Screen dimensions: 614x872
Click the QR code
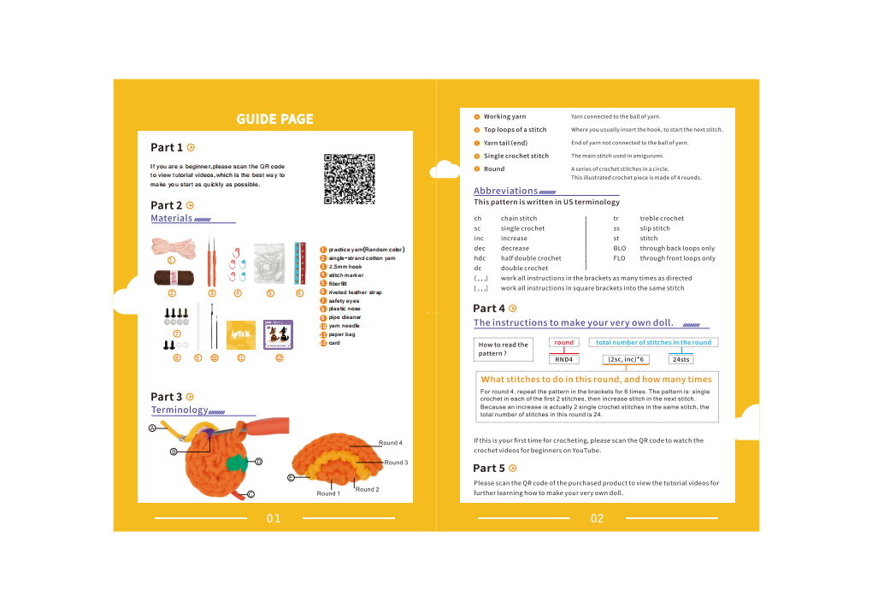pyautogui.click(x=350, y=179)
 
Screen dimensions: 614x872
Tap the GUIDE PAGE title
pyautogui.click(x=274, y=120)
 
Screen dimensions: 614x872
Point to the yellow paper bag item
pyautogui.click(x=241, y=333)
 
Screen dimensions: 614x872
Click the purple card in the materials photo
pyautogui.click(x=279, y=334)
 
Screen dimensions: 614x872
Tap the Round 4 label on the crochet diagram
pyautogui.click(x=389, y=443)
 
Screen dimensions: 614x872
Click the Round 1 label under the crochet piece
pyautogui.click(x=328, y=493)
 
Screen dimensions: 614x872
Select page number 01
pyautogui.click(x=274, y=518)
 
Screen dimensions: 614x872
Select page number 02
pyautogui.click(x=597, y=518)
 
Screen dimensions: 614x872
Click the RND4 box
pyautogui.click(x=564, y=360)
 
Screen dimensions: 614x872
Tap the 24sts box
pyautogui.click(x=681, y=360)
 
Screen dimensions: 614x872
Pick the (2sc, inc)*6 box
pyautogui.click(x=626, y=360)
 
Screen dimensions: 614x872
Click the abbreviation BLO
pyautogui.click(x=620, y=248)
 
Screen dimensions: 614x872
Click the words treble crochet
pyautogui.click(x=662, y=219)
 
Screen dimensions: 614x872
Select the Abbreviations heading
pyautogui.click(x=506, y=191)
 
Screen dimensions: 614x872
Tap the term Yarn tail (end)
pyautogui.click(x=505, y=143)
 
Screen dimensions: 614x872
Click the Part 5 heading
pyautogui.click(x=489, y=469)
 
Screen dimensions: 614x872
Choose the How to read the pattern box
pyautogui.click(x=503, y=349)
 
